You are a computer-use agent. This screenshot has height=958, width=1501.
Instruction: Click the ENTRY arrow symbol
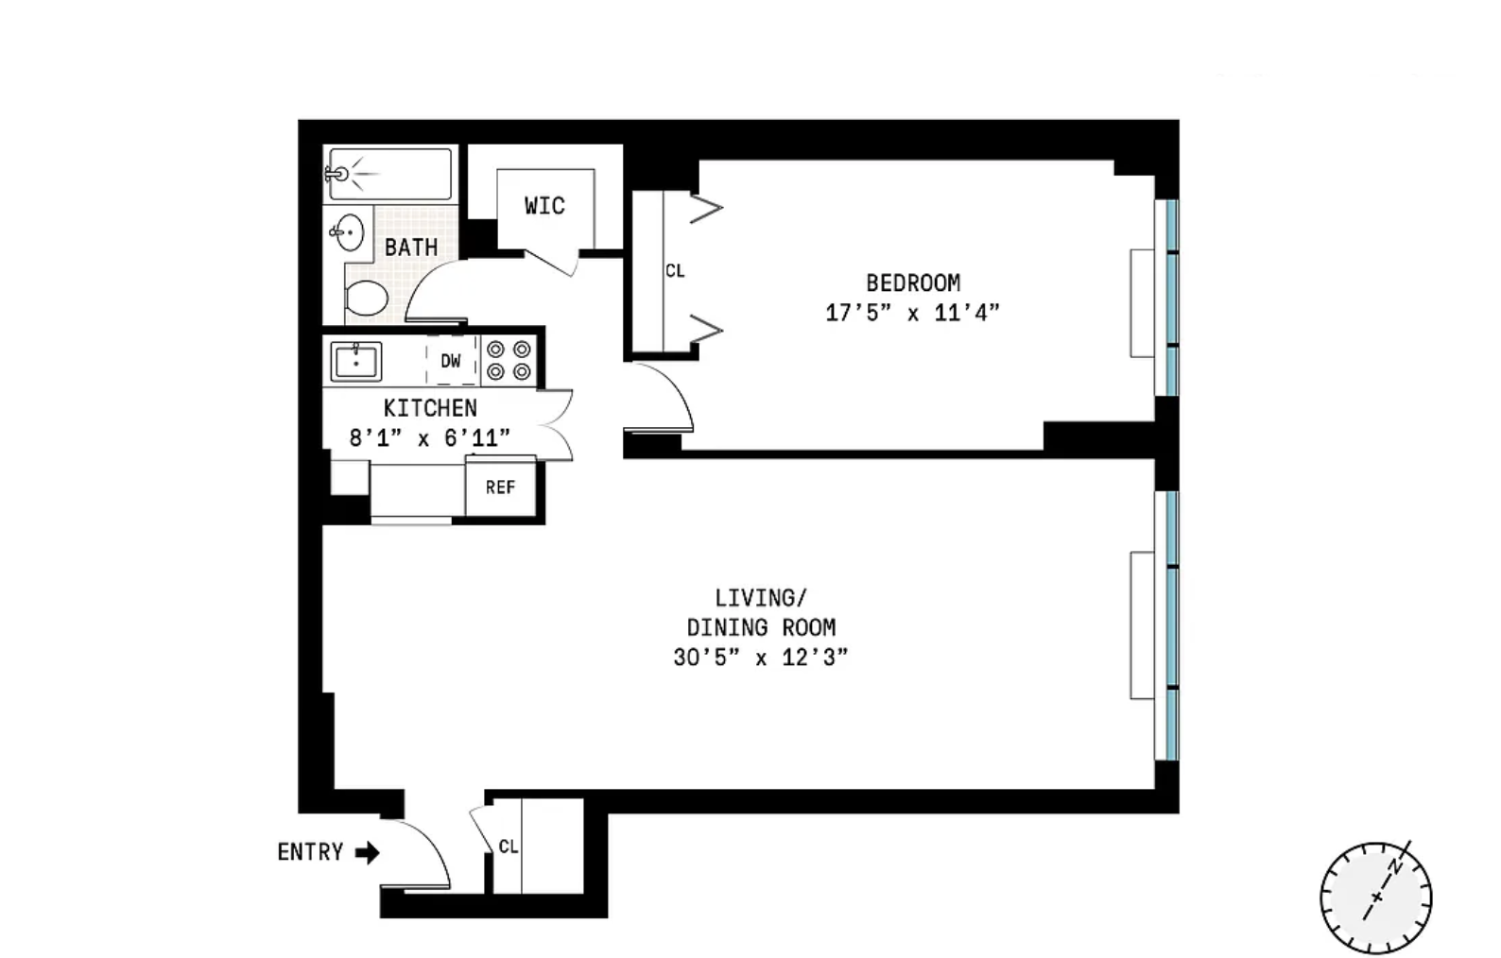point(367,853)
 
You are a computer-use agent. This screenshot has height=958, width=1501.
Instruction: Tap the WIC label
point(544,206)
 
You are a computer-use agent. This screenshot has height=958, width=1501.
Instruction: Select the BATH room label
point(411,248)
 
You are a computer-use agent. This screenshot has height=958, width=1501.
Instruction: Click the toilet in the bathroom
point(366,298)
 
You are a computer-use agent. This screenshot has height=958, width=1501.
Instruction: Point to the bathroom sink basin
point(349,232)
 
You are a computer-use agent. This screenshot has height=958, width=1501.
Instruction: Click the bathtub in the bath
point(389,174)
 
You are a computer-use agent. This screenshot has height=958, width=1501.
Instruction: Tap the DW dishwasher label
point(451,361)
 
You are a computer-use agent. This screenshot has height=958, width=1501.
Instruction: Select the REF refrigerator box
point(501,488)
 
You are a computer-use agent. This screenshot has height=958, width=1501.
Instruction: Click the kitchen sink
point(355,362)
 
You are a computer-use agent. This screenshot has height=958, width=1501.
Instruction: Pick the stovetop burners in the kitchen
point(509,360)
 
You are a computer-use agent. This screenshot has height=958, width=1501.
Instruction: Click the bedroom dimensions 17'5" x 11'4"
point(912,313)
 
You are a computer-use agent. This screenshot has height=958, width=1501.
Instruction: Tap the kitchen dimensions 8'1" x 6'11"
point(429,438)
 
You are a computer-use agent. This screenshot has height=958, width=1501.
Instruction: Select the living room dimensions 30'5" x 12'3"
point(761,658)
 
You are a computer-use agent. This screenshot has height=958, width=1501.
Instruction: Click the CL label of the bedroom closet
point(675,270)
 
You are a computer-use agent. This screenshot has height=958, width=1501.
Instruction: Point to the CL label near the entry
point(509,847)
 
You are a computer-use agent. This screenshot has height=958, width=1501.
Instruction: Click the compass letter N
point(1396,867)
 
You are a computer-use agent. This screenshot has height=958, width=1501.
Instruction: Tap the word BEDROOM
point(913,282)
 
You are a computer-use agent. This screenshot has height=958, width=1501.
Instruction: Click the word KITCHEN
point(430,407)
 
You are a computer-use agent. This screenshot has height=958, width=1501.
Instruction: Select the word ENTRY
point(310,852)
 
